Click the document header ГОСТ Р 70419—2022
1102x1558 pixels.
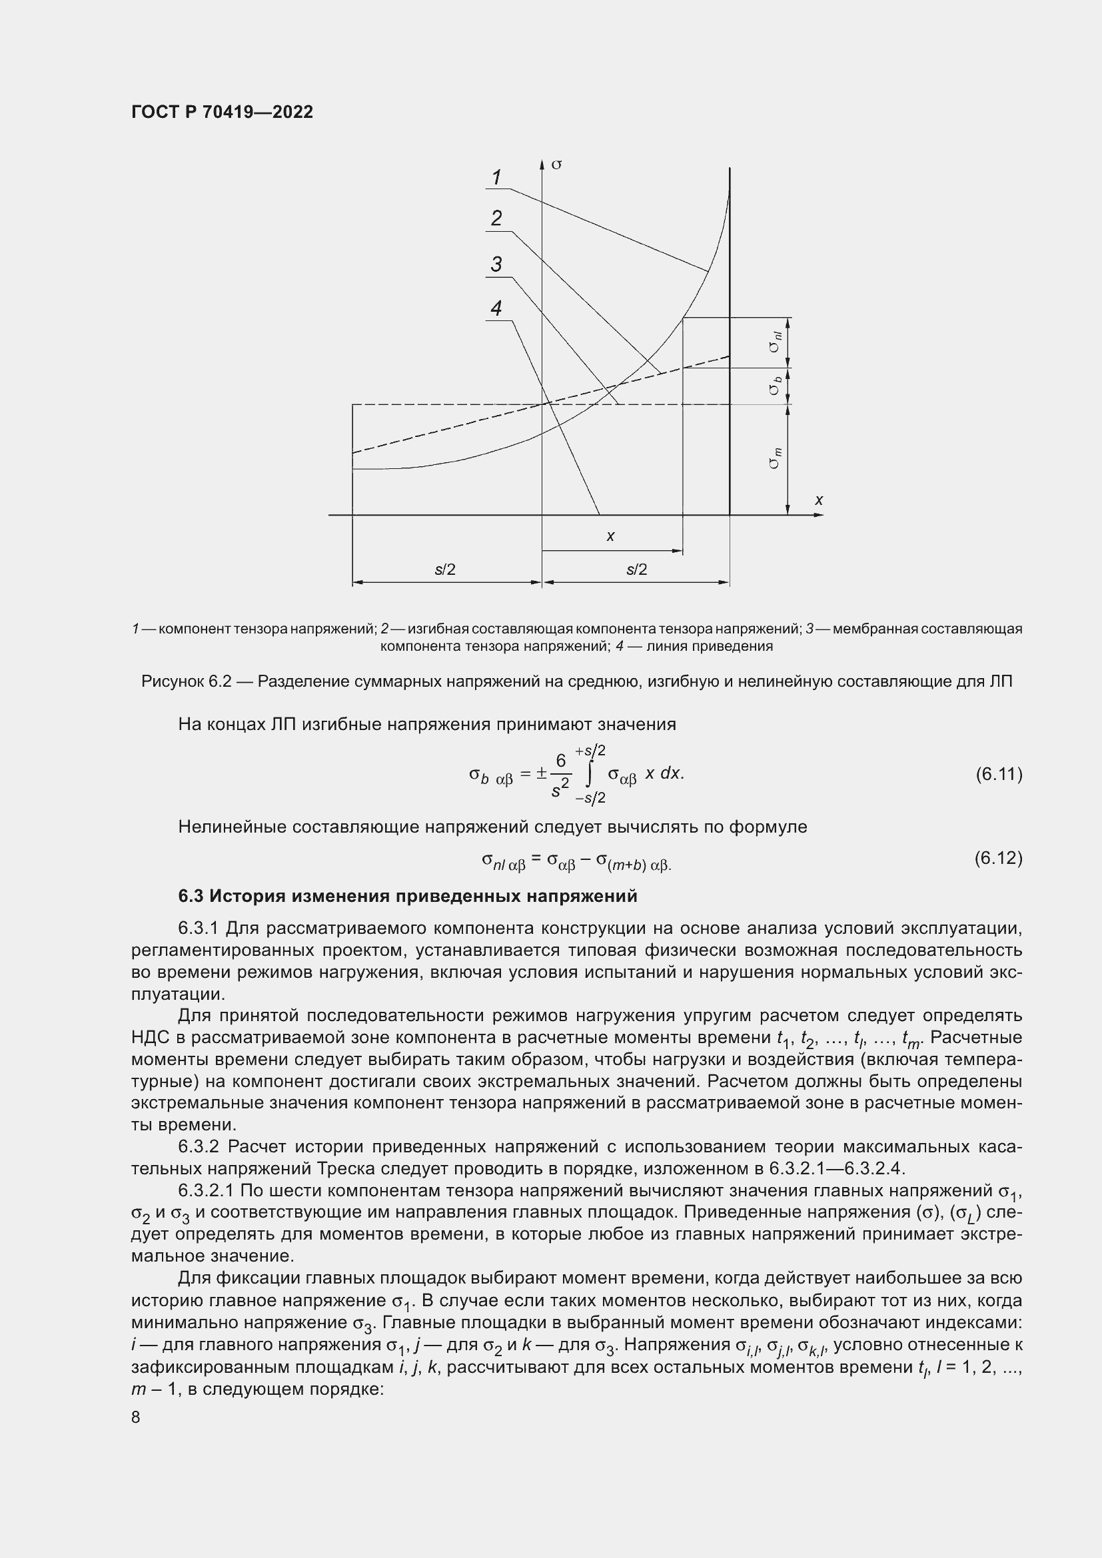(x=222, y=112)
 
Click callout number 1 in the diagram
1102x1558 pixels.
(x=496, y=177)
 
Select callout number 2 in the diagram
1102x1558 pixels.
(x=496, y=218)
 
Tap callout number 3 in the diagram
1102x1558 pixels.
(x=496, y=264)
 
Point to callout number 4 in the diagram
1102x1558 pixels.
(x=496, y=309)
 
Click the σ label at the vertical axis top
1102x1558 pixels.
(x=556, y=165)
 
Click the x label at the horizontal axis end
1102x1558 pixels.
(x=819, y=500)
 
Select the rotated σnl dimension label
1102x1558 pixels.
(x=775, y=341)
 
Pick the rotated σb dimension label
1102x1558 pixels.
(x=775, y=386)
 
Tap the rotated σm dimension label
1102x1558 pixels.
(x=775, y=459)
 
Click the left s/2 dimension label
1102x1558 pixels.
(x=445, y=570)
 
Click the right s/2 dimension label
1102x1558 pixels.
(x=636, y=570)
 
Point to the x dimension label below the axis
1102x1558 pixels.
(x=610, y=536)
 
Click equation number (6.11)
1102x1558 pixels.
(x=998, y=773)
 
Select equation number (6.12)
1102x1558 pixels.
(x=998, y=859)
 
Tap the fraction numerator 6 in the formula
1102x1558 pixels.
(x=560, y=761)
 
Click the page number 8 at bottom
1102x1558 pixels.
(x=136, y=1417)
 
